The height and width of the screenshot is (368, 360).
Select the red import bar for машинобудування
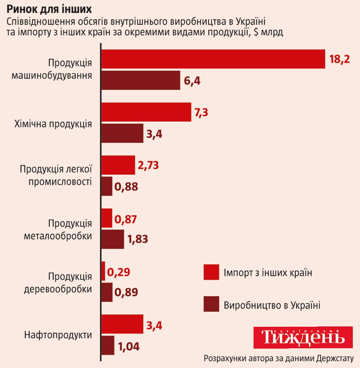[x=213, y=59]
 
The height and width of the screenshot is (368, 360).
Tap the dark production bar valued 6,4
[x=141, y=80]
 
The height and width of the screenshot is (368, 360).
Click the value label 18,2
[x=340, y=59]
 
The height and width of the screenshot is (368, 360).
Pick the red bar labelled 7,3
[x=146, y=112]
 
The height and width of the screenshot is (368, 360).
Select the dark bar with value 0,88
[x=107, y=187]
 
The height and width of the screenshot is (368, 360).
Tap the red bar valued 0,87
[x=107, y=219]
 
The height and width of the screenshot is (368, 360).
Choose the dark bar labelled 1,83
[x=112, y=239]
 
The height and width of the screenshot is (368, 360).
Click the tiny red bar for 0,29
[x=103, y=271]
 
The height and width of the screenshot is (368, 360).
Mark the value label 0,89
[x=126, y=293]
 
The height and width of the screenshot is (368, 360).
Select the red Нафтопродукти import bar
[x=122, y=324]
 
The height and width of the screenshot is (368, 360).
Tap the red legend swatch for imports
[x=211, y=272]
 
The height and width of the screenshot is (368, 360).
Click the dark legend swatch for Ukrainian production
[x=211, y=304]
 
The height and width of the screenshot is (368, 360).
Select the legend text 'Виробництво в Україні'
[x=272, y=305]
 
